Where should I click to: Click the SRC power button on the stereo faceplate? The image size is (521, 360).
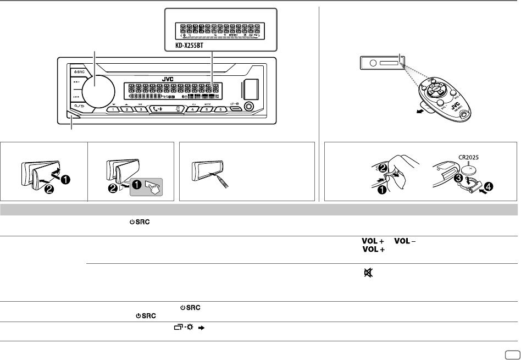click(77, 72)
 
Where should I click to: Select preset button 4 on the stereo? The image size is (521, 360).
click(193, 109)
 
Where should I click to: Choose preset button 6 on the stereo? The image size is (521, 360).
click(220, 109)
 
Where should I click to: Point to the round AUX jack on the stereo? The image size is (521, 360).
click(251, 106)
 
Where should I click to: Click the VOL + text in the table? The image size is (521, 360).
click(372, 241)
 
